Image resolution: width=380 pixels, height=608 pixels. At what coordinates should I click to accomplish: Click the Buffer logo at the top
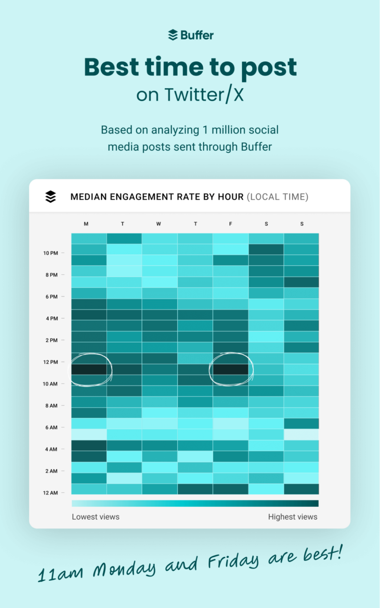pos(190,35)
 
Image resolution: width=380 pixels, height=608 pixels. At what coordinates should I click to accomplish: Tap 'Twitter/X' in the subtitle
pos(204,94)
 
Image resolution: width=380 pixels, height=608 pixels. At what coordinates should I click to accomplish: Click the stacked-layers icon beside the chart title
pos(50,197)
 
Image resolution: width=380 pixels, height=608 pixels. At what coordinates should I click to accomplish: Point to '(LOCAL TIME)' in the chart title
pos(278,197)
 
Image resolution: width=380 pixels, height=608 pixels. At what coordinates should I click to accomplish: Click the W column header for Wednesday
pos(159,224)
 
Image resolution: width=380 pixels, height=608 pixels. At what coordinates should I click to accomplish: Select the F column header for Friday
pos(230,224)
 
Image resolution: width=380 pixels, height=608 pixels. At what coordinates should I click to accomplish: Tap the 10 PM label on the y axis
pos(50,253)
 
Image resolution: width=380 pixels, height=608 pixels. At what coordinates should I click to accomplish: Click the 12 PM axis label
pos(50,362)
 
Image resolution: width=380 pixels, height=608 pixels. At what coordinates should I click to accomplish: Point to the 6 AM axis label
pos(51,427)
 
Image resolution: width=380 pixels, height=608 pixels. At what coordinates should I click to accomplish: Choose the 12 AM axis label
pos(50,493)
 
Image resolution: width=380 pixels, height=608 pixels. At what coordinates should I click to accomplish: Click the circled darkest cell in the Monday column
pos(89,369)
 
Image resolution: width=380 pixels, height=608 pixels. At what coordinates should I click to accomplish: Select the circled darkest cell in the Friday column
pos(230,369)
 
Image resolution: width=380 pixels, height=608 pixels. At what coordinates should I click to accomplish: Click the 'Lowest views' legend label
pos(96,517)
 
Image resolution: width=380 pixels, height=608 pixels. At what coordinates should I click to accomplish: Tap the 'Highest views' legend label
pos(293,517)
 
